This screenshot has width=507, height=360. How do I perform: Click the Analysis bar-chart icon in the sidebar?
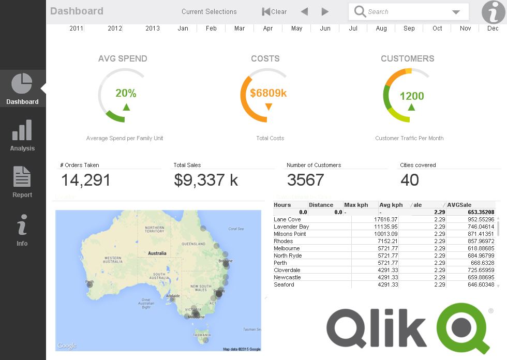22,130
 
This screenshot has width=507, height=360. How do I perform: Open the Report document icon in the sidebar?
22,177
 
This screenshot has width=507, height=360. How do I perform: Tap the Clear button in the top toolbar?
274,11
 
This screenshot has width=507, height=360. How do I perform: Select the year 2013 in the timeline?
152,28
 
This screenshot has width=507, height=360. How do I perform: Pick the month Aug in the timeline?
381,28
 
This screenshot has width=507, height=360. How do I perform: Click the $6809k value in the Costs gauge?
268,93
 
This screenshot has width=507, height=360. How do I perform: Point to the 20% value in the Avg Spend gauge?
126,93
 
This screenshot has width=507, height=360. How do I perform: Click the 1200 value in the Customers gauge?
412,96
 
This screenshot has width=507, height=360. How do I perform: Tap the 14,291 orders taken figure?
86,180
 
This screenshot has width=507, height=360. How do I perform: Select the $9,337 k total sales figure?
206,180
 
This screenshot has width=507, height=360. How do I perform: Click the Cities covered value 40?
410,180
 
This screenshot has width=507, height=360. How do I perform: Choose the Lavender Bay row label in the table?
291,227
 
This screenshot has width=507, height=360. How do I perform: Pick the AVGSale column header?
459,205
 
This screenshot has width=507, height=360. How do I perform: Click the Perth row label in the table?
280,263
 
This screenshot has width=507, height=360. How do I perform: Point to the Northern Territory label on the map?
155,230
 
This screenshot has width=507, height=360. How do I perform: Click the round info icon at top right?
493,12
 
